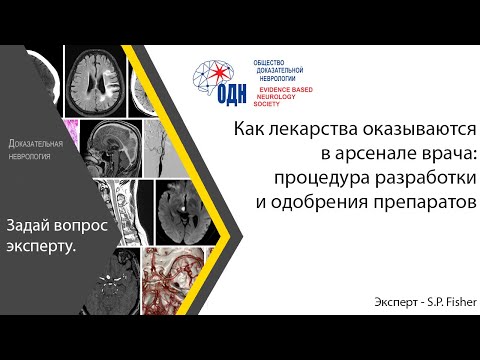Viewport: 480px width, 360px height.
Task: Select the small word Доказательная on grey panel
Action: coord(36,146)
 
